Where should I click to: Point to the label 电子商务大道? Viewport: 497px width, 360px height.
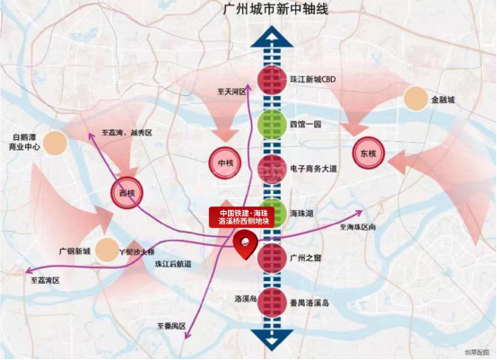pyautogui.click(x=314, y=168)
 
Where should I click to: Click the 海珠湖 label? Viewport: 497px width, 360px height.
pyautogui.click(x=302, y=213)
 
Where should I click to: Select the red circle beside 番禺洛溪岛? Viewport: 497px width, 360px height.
pyautogui.click(x=271, y=303)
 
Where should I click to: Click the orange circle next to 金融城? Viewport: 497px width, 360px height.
pyautogui.click(x=416, y=99)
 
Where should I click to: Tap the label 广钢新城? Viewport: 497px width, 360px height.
pyautogui.click(x=74, y=250)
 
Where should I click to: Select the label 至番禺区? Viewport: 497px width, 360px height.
pyautogui.click(x=170, y=325)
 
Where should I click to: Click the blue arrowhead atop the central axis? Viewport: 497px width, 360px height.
pyautogui.click(x=271, y=37)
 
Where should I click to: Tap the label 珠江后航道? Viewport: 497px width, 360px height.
pyautogui.click(x=172, y=265)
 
